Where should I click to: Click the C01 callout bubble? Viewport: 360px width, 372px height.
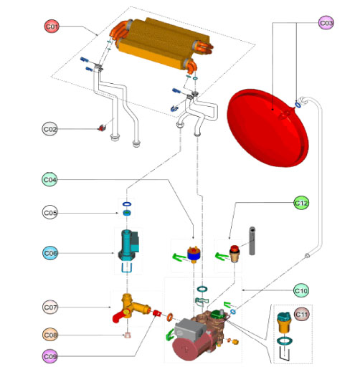pyautogui.click(x=52, y=27)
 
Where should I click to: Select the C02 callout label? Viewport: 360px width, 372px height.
pyautogui.click(x=52, y=129)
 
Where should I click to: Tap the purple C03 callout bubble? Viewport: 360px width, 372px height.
pyautogui.click(x=326, y=23)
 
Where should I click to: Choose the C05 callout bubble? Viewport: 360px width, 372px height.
pyautogui.click(x=50, y=212)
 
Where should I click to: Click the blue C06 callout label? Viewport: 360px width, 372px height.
pyautogui.click(x=51, y=253)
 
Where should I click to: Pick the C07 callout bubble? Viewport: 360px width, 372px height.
pyautogui.click(x=50, y=307)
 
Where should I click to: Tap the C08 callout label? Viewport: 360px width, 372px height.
pyautogui.click(x=50, y=335)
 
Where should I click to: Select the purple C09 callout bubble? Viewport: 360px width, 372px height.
pyautogui.click(x=50, y=356)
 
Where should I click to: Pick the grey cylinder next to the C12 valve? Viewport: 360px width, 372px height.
pyautogui.click(x=252, y=240)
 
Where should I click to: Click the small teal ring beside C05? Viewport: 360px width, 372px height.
pyautogui.click(x=126, y=212)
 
